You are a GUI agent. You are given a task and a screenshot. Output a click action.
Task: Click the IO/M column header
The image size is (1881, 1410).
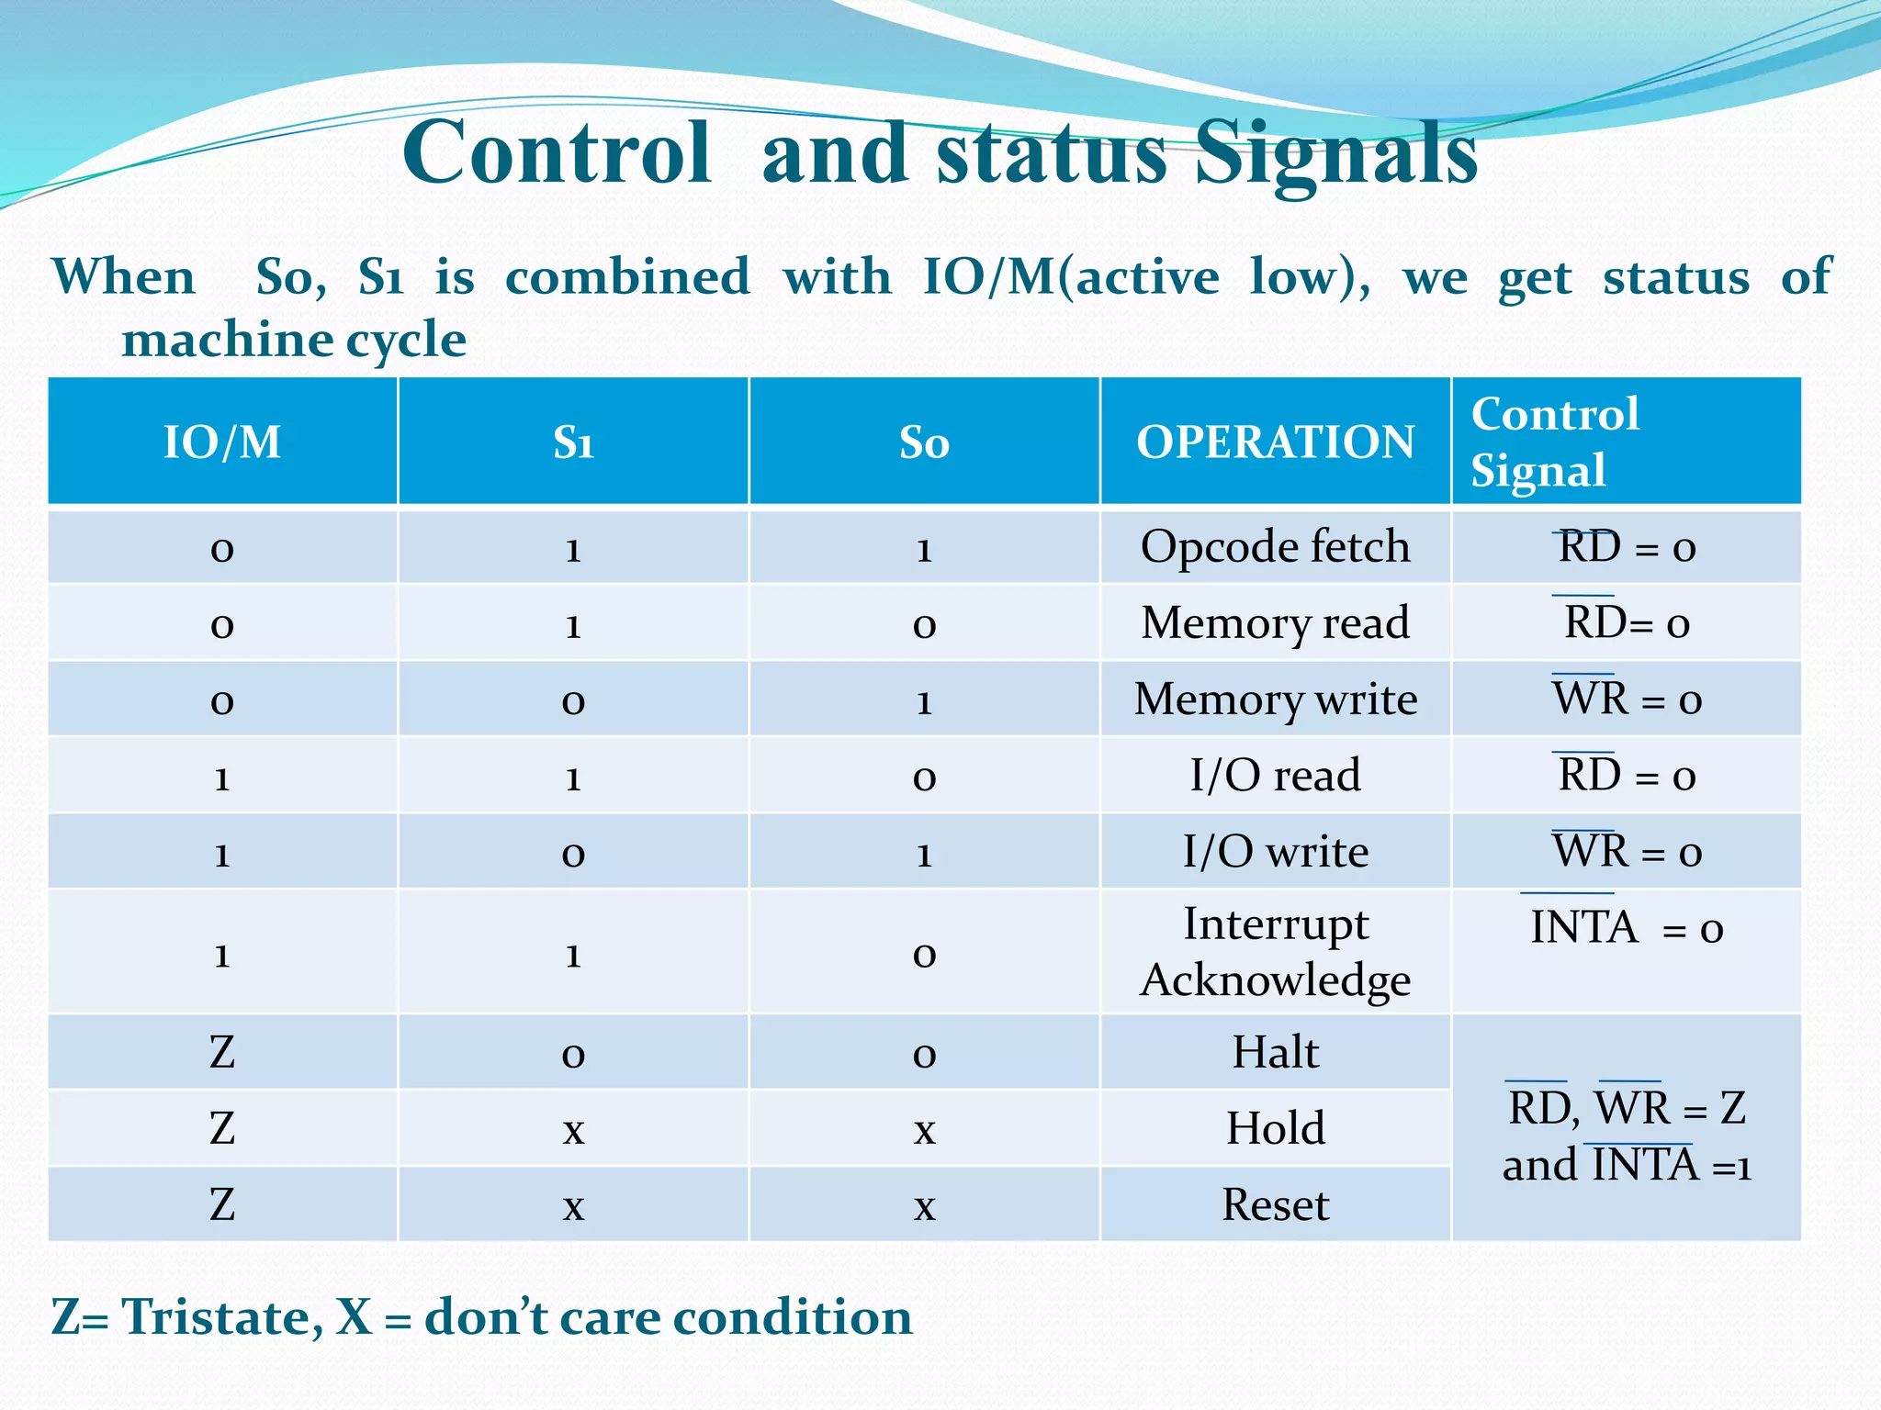point(222,442)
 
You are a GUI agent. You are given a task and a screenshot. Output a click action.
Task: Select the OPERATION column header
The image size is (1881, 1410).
point(1275,442)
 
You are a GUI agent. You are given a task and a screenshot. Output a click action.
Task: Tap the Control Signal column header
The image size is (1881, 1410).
point(1555,442)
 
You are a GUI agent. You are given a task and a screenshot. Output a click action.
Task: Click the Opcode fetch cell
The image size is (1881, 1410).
point(1275,547)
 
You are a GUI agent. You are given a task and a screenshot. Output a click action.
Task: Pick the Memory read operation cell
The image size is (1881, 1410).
point(1275,623)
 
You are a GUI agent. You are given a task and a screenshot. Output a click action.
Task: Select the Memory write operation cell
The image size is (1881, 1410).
point(1275,699)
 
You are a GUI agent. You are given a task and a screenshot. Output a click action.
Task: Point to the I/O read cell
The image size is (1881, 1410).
point(1275,776)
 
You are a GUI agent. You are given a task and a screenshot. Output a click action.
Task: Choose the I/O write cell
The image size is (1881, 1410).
point(1275,852)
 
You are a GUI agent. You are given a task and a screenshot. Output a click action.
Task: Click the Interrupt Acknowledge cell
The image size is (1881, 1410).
point(1275,952)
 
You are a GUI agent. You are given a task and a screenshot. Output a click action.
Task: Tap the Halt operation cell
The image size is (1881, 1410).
point(1275,1052)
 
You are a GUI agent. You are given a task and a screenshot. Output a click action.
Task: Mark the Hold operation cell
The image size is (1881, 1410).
point(1275,1128)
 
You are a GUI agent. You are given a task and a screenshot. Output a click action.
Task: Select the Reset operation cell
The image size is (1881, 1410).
point(1275,1204)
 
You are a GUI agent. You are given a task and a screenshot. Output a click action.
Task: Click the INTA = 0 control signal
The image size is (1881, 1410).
point(1626,928)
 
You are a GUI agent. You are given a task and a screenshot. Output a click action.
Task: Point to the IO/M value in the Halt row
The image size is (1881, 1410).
point(222,1052)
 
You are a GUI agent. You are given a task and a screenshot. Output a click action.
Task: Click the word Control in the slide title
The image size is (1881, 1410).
point(557,153)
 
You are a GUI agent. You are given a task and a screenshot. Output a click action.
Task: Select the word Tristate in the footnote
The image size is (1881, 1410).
point(220,1317)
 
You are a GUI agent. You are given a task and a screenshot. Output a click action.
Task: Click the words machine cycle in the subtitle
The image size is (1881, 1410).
point(294,341)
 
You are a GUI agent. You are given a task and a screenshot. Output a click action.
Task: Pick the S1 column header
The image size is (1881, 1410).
point(573,442)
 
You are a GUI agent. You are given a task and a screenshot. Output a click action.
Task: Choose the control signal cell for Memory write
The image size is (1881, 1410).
point(1626,699)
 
